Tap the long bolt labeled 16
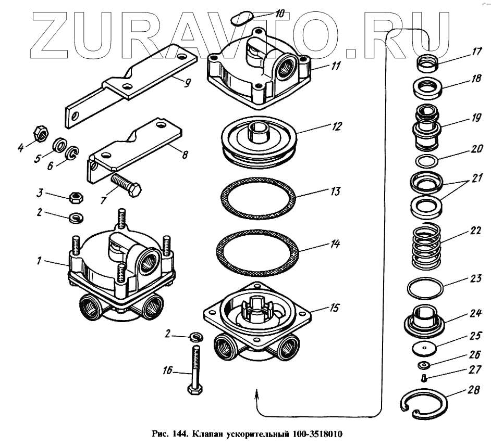click(x=194, y=370)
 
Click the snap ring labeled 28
click(x=425, y=404)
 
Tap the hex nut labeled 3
click(x=76, y=197)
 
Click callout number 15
click(x=334, y=308)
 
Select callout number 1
click(x=38, y=261)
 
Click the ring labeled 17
click(x=428, y=65)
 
